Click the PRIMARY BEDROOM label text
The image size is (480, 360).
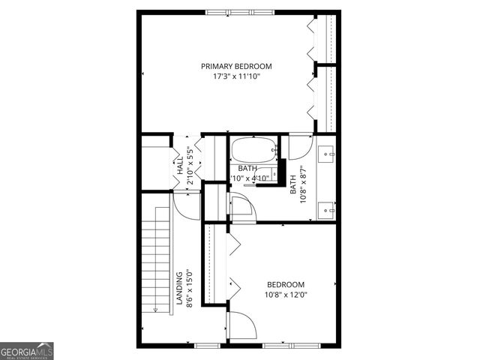coord(236,66)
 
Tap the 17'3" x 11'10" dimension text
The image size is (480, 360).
coord(236,77)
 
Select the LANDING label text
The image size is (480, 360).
coord(180,289)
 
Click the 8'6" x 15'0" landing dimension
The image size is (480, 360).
coord(190,289)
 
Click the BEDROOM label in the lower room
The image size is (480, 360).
coord(286,284)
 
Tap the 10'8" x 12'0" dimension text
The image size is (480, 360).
coord(286,295)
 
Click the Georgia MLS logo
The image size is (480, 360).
coord(27,351)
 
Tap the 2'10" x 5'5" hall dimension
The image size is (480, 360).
coord(190,162)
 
